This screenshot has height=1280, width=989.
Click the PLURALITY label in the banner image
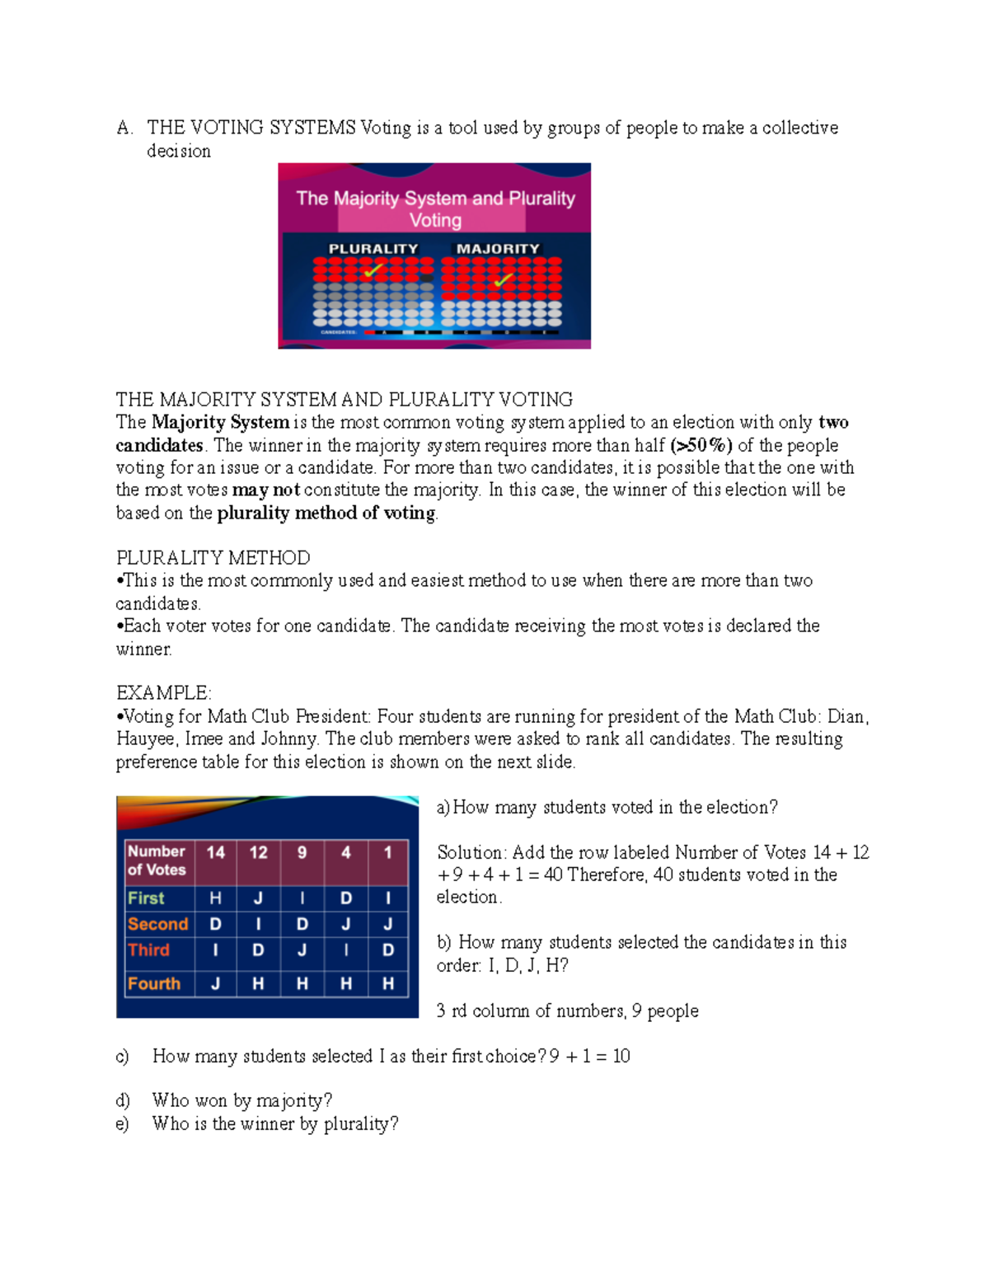click(x=373, y=249)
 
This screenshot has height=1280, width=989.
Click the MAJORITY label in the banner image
click(x=498, y=249)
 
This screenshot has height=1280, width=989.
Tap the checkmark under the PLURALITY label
click(x=373, y=270)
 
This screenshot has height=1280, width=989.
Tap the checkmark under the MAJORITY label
click(x=503, y=280)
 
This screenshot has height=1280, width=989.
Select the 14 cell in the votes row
click(x=216, y=852)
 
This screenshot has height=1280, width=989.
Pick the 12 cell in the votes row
click(x=259, y=852)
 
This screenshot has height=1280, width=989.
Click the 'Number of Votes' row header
click(x=157, y=860)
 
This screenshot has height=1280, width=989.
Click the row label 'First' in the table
click(x=146, y=898)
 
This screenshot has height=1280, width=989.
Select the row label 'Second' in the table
click(x=157, y=924)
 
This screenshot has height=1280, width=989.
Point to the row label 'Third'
click(x=148, y=950)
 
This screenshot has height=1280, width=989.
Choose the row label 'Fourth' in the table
click(x=154, y=983)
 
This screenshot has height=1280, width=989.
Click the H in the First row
click(x=216, y=898)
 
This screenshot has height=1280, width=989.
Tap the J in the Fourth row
click(x=216, y=983)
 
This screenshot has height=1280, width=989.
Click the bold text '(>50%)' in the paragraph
click(x=701, y=446)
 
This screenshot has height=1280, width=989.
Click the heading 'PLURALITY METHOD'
click(x=213, y=558)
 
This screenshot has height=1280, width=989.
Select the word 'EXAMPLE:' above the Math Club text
click(x=164, y=693)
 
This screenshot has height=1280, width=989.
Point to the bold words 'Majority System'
click(x=220, y=423)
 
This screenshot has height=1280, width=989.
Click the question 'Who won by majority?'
click(x=242, y=1100)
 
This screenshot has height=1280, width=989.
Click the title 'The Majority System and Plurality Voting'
click(x=435, y=209)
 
